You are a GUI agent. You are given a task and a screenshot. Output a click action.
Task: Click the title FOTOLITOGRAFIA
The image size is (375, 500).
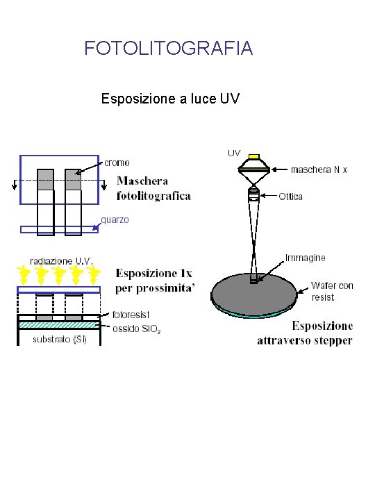click(x=168, y=49)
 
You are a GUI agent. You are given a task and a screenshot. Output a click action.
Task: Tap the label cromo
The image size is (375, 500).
click(x=117, y=162)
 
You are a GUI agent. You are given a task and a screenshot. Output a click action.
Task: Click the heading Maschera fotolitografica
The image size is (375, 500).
click(x=153, y=189)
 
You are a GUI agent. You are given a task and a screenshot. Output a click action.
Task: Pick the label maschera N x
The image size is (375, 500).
click(x=318, y=169)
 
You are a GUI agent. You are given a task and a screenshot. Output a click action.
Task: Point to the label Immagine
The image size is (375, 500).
click(x=305, y=258)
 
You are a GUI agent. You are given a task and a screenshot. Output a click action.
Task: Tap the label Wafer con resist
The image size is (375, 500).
click(x=331, y=291)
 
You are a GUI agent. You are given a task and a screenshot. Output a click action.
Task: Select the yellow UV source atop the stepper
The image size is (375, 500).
click(x=254, y=157)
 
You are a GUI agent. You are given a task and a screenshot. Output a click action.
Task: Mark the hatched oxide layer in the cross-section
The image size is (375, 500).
click(x=59, y=324)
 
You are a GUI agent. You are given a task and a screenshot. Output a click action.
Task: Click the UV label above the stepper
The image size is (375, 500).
click(x=233, y=152)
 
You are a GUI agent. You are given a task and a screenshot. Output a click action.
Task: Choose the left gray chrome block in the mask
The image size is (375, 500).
click(x=45, y=179)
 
